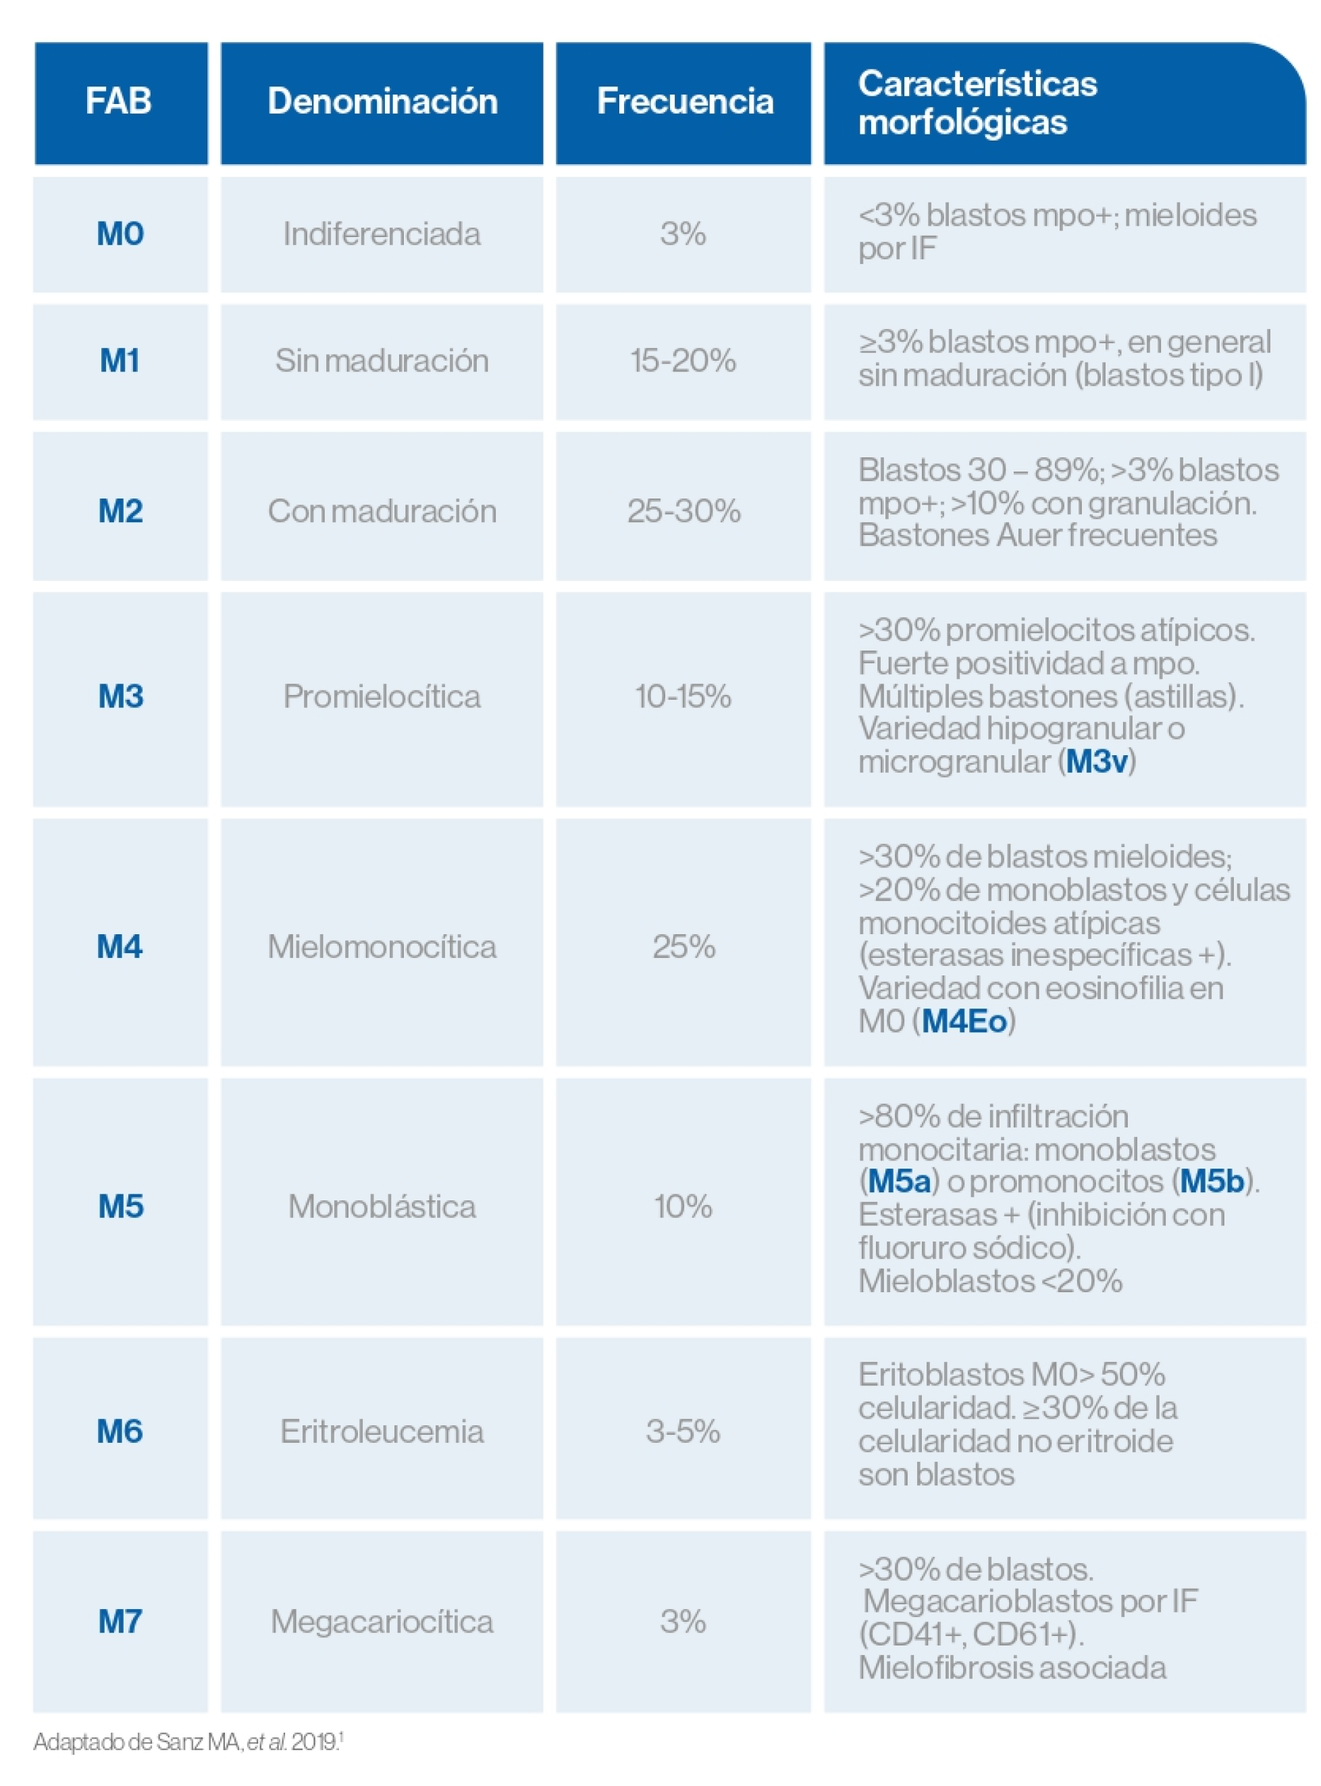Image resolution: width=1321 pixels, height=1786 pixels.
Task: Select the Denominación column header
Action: click(382, 101)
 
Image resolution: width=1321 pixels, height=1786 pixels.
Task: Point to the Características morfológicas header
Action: click(977, 103)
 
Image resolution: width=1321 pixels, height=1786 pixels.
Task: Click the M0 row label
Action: click(120, 234)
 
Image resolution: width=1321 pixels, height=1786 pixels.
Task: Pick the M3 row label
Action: click(121, 696)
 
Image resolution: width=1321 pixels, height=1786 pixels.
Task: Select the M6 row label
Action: click(120, 1431)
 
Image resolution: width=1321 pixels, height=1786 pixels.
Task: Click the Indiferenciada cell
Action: click(382, 234)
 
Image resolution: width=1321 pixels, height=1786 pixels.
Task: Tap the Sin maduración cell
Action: click(382, 361)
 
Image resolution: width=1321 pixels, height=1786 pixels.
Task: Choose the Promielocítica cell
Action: click(382, 696)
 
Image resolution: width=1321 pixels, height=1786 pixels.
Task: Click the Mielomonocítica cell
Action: click(382, 946)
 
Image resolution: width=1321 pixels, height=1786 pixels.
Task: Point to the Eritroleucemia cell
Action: click(382, 1431)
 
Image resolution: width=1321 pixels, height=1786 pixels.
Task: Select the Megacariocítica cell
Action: click(382, 1621)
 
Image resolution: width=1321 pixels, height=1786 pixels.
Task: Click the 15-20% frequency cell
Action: click(683, 361)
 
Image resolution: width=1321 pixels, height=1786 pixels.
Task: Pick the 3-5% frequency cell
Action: click(683, 1431)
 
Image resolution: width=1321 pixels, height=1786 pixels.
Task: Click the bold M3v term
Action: click(1097, 761)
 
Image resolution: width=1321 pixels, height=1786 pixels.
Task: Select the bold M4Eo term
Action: click(964, 1021)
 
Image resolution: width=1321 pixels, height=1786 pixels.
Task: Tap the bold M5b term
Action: click(1212, 1181)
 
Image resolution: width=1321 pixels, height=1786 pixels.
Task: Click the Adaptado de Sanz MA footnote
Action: click(188, 1741)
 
